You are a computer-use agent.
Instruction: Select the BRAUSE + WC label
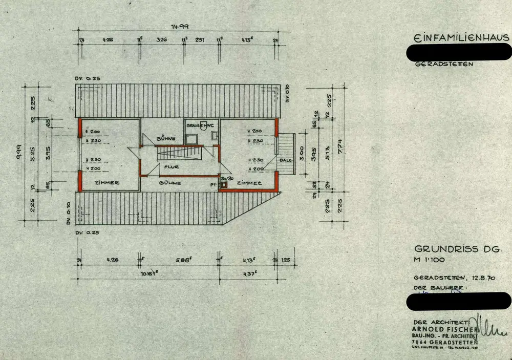(x=201, y=125)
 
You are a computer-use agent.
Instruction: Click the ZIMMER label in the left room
(x=107, y=183)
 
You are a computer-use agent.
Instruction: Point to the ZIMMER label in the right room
(x=249, y=183)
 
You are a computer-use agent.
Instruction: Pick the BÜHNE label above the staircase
(x=167, y=138)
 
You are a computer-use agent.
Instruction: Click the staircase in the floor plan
(x=182, y=153)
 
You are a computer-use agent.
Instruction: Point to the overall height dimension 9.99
(x=18, y=153)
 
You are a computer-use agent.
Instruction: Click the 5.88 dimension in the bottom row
(x=184, y=259)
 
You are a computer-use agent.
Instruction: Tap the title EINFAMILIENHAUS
(x=461, y=38)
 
